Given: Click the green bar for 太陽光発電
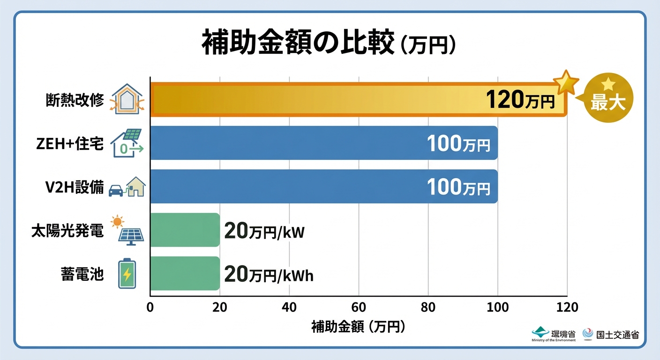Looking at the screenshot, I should tap(185, 230).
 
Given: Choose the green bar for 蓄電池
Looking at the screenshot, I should tap(185, 273).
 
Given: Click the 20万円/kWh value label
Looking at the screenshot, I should tap(269, 275).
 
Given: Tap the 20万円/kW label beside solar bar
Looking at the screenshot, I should tap(264, 231).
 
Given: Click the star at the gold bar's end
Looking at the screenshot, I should tap(566, 82).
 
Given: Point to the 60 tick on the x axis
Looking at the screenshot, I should tap(359, 307).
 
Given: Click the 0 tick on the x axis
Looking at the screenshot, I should tap(150, 307).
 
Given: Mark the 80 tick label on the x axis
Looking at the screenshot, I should tap(428, 307).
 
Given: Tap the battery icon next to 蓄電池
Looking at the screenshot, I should tap(127, 274).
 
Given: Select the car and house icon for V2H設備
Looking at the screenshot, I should tap(127, 187).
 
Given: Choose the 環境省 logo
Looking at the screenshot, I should tap(554, 334).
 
